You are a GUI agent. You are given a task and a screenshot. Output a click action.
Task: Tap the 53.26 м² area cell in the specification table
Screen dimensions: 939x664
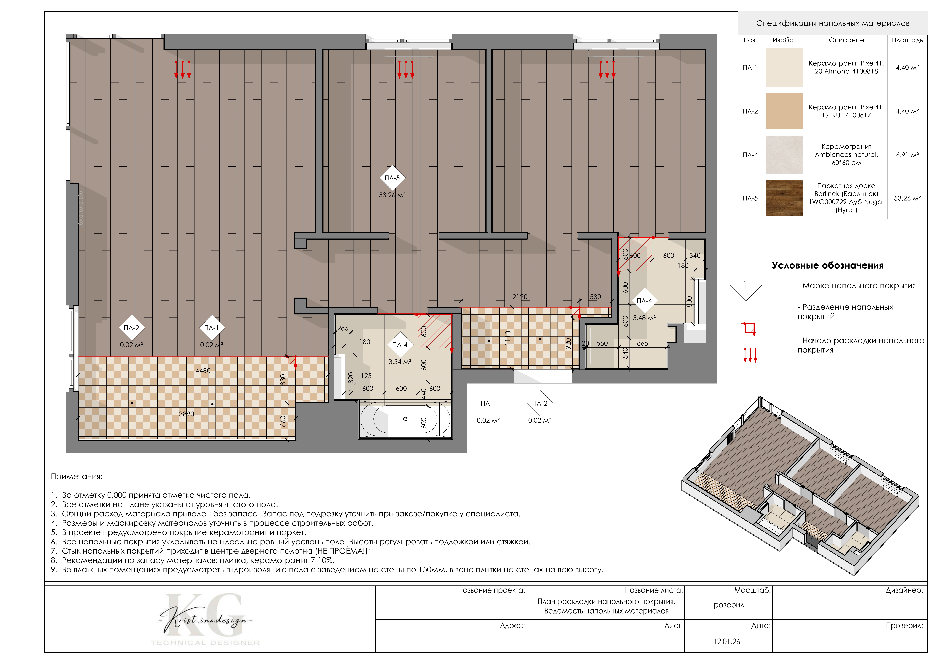tap(907, 198)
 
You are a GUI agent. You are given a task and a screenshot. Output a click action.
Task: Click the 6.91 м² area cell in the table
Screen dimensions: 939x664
tap(907, 155)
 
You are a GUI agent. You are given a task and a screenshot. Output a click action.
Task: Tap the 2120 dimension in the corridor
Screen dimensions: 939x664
tap(520, 297)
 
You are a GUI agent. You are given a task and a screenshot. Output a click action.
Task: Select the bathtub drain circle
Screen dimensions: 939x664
tap(405, 419)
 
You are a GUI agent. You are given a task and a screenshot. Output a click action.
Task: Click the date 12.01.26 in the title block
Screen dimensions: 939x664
tap(727, 641)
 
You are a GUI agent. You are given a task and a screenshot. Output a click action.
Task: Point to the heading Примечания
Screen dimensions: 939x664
tap(77, 477)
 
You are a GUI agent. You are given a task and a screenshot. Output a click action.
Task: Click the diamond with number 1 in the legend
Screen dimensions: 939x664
tap(746, 285)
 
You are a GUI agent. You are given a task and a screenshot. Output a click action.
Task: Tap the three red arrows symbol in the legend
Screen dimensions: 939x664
tap(750, 355)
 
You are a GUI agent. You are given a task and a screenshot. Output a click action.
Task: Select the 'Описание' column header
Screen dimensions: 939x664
tap(846, 40)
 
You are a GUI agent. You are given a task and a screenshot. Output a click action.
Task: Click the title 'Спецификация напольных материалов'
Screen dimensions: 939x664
tap(833, 23)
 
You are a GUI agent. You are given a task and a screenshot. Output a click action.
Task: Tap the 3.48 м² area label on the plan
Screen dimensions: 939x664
tap(644, 318)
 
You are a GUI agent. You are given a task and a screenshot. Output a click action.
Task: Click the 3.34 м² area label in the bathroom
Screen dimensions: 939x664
tap(400, 362)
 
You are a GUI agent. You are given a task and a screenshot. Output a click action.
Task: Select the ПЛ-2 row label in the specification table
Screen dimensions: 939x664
tap(750, 111)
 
